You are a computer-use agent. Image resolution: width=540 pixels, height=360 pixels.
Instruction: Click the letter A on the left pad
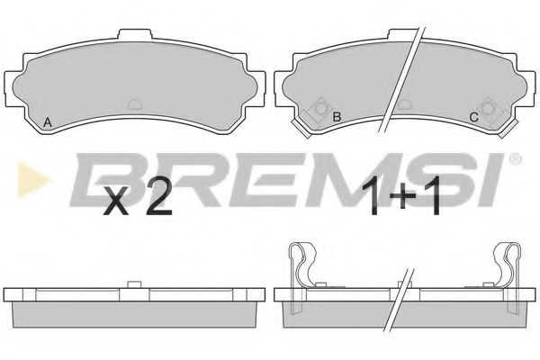click(48, 122)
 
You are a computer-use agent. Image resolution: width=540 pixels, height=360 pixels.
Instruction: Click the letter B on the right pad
click(337, 117)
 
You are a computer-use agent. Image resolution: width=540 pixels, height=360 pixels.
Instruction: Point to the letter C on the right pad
click(474, 118)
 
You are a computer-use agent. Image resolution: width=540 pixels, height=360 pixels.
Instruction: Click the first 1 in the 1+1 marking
click(372, 195)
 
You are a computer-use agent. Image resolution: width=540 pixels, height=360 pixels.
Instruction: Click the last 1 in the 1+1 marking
click(433, 195)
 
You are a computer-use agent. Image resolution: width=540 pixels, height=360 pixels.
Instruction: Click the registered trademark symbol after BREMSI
click(515, 159)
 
